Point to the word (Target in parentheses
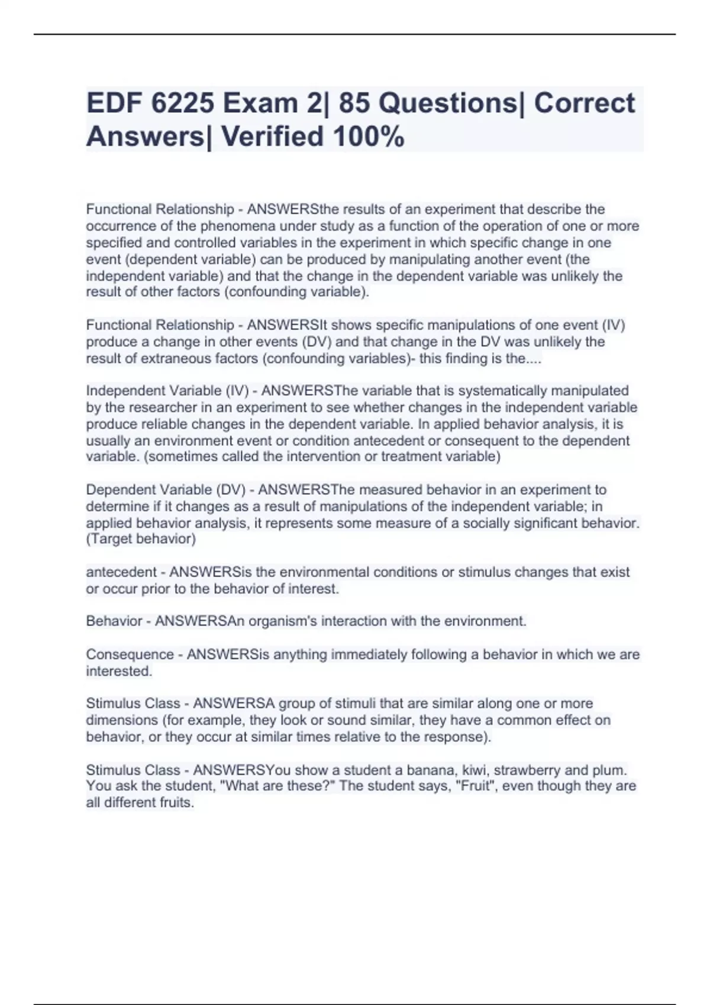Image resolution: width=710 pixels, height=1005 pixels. pyautogui.click(x=109, y=539)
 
